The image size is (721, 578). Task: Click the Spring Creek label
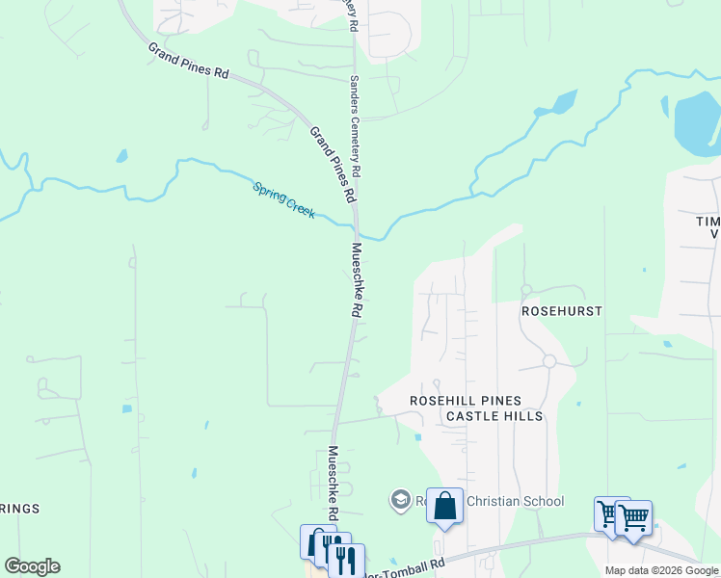(283, 199)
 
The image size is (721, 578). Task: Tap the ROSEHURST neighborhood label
(561, 312)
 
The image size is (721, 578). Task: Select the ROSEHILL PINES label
(466, 401)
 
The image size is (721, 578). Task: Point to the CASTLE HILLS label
(494, 416)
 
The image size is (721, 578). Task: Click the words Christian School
(515, 501)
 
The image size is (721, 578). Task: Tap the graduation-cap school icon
(400, 500)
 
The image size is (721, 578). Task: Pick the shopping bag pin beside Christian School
(444, 506)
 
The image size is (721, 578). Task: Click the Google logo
(32, 566)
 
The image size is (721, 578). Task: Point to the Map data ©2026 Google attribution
(661, 570)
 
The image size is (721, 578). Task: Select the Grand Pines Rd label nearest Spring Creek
(332, 164)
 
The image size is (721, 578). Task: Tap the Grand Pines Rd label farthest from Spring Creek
(187, 60)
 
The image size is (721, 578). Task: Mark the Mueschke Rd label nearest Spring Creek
(356, 280)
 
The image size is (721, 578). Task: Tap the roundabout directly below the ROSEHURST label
(548, 361)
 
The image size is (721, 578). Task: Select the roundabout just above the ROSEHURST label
(526, 289)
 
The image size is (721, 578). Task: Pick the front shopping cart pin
(633, 517)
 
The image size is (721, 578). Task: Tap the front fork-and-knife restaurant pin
(346, 560)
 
